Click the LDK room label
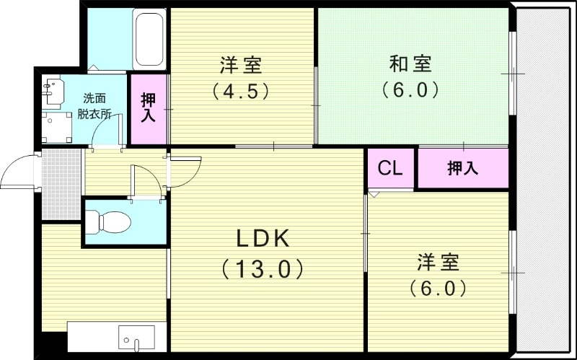[x=261, y=238]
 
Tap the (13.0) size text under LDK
[x=261, y=269]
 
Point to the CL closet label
[x=390, y=169]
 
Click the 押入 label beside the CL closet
[x=462, y=169]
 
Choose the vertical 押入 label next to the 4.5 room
[x=148, y=107]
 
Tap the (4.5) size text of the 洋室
[x=241, y=92]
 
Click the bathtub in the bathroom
[x=149, y=40]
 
